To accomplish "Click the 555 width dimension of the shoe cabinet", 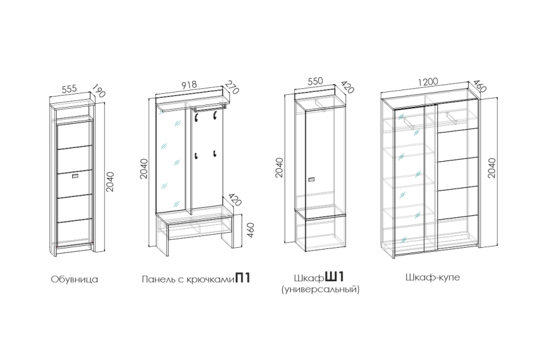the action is point(69,89).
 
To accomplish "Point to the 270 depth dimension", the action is point(232,87).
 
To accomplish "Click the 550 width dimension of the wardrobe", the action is point(315,81).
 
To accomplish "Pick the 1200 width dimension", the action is point(428,82).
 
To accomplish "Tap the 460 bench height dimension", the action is point(251,230).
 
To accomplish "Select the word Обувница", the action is point(75,279).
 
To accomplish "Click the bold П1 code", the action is point(243,278).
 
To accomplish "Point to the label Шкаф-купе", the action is point(433,278).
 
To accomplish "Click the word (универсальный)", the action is point(320,290).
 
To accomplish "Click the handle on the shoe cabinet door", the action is point(75,177).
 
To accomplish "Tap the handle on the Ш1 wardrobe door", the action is point(311,180).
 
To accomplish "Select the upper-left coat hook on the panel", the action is point(196,118).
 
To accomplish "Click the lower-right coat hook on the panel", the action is point(215,153).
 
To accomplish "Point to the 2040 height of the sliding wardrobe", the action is point(492,168).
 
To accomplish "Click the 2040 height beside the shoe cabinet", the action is point(110,181).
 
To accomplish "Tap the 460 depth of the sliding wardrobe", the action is point(480,87).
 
